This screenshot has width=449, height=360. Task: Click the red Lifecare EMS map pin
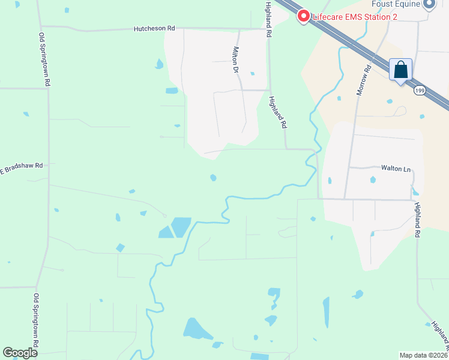304,16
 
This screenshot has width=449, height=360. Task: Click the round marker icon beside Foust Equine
429,4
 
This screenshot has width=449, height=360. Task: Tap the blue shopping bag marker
400,70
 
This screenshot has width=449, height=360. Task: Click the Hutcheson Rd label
154,28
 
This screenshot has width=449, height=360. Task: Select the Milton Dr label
236,60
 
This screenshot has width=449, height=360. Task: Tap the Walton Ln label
396,169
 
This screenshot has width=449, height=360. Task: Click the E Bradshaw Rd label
22,166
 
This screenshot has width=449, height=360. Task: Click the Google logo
20,353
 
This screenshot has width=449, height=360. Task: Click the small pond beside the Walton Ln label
373,179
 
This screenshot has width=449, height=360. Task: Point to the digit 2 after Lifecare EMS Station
394,17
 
